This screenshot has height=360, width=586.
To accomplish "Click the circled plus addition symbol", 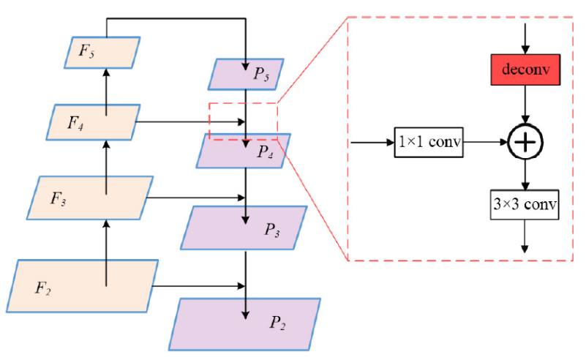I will click(x=525, y=141).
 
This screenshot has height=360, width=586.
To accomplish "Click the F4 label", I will click(x=75, y=121).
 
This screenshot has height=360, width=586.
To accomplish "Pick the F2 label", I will click(x=43, y=285).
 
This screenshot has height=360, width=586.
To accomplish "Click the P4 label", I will click(x=266, y=152).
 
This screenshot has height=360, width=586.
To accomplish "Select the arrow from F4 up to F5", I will click(x=107, y=89).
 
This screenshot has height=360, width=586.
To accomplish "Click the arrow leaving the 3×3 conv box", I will click(x=525, y=237).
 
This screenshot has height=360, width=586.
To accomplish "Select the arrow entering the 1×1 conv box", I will click(x=372, y=141).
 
